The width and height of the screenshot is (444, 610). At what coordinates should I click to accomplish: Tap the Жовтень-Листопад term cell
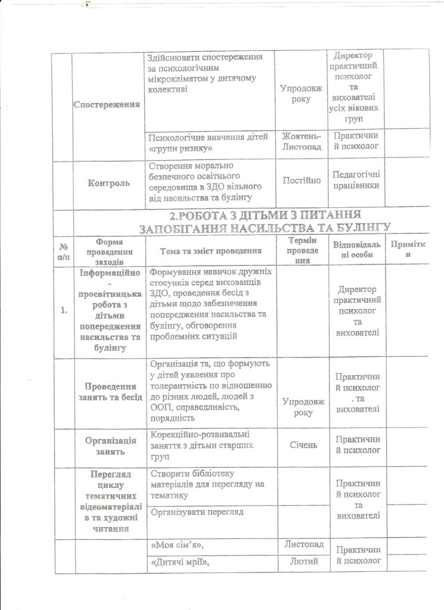pyautogui.click(x=302, y=141)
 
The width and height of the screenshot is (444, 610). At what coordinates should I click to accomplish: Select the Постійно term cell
pyautogui.click(x=302, y=179)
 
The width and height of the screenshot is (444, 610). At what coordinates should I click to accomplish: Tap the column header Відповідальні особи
pyautogui.click(x=357, y=250)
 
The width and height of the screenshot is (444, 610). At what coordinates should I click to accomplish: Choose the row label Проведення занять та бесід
pyautogui.click(x=108, y=393)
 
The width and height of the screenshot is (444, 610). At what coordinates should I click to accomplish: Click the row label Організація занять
pyautogui.click(x=108, y=446)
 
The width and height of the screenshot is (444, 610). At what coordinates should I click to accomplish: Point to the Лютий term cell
pyautogui.click(x=302, y=562)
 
